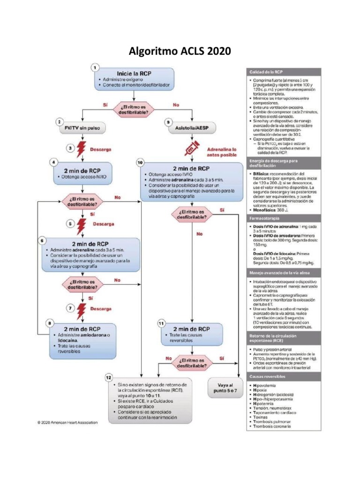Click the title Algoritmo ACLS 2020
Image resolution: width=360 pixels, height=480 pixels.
(x=180, y=51)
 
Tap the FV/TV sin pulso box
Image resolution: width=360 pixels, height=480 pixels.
(x=82, y=127)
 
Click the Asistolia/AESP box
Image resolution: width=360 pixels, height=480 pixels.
(x=193, y=127)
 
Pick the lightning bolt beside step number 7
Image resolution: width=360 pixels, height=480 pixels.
(x=82, y=309)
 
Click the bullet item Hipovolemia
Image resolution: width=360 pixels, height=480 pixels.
(x=265, y=386)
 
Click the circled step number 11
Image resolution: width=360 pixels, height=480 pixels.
(x=161, y=323)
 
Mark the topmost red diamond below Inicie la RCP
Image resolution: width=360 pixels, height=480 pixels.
(x=137, y=107)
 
